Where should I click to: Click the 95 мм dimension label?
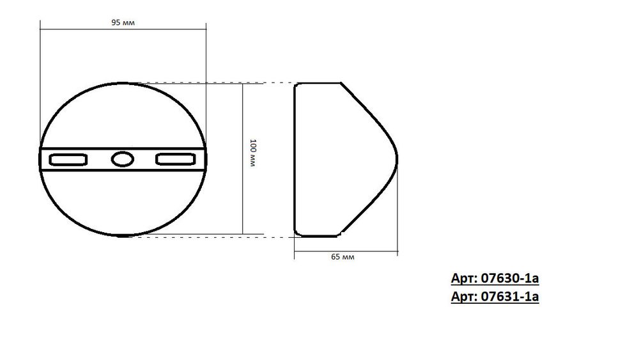pyautogui.click(x=123, y=22)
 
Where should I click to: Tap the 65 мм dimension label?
pyautogui.click(x=343, y=256)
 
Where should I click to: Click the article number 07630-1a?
pyautogui.click(x=495, y=279)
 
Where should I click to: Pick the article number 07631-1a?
pyautogui.click(x=495, y=297)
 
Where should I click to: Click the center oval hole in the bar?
pyautogui.click(x=121, y=159)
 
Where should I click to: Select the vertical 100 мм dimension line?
pyautogui.click(x=243, y=192)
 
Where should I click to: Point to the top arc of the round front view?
pyautogui.click(x=121, y=82)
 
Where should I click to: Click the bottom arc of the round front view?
pyautogui.click(x=121, y=237)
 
